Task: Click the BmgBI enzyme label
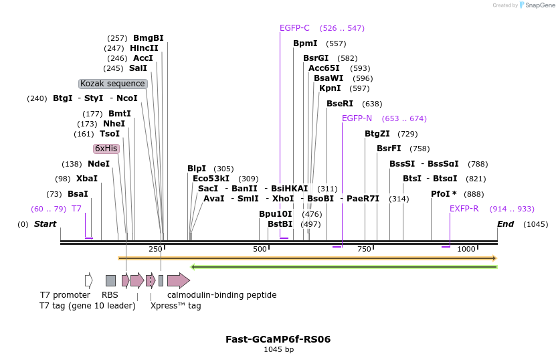click(148, 38)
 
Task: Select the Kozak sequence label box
click(112, 84)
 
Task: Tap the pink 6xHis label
click(106, 149)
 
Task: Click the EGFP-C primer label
click(294, 28)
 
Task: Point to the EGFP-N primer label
click(357, 118)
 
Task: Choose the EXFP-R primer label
click(464, 209)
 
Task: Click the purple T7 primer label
click(76, 209)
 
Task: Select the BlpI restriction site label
click(197, 169)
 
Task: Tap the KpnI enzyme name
click(330, 88)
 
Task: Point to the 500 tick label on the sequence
click(260, 249)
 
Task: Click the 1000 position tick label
click(466, 249)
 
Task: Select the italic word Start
click(45, 224)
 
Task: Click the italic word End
click(505, 224)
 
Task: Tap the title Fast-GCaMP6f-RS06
click(278, 339)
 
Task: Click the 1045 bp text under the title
click(278, 349)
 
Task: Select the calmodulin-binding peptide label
click(221, 294)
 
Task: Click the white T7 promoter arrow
click(89, 280)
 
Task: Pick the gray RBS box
click(110, 280)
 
